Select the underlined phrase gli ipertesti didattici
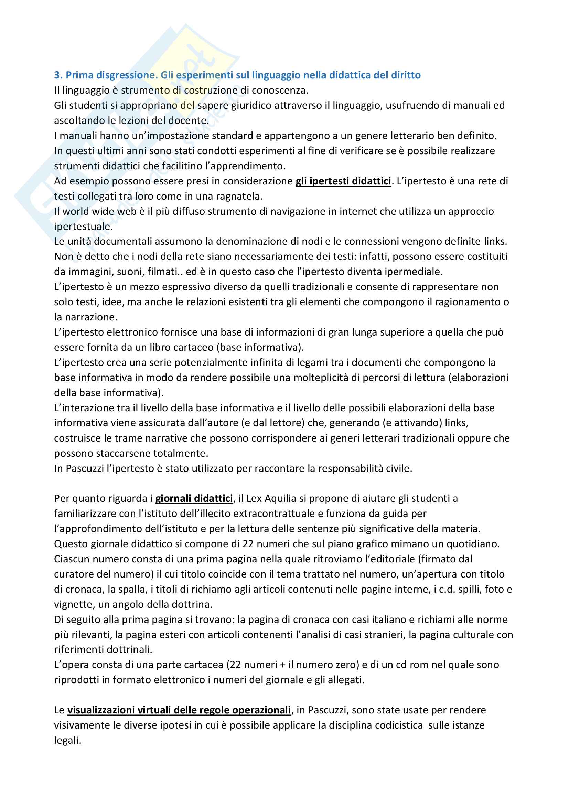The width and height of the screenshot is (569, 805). click(x=343, y=181)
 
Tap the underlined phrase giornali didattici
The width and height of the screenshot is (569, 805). click(x=194, y=498)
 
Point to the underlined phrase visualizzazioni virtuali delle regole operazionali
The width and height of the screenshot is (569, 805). click(x=179, y=710)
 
